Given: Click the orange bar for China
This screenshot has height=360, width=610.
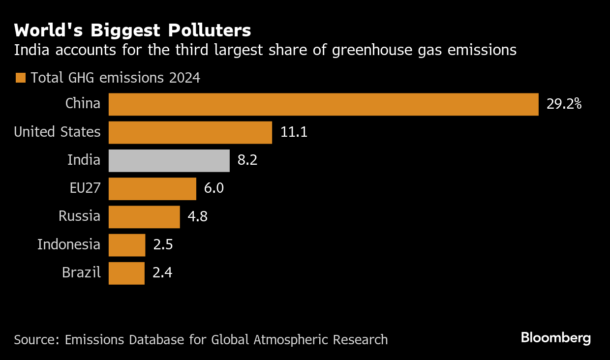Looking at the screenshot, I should click(323, 104).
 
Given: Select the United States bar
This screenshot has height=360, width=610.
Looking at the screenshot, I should click(190, 132).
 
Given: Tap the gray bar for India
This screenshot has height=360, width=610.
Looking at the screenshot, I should click(169, 161).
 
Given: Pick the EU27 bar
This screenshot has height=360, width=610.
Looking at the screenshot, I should click(152, 189).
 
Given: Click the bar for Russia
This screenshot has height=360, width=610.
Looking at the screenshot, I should click(144, 217).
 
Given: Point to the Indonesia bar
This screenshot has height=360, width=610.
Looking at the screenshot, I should click(127, 245).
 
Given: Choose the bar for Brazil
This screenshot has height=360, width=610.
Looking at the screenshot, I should click(126, 273).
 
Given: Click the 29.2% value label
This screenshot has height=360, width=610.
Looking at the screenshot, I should click(564, 104).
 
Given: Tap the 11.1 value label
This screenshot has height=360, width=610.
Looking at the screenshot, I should click(294, 132).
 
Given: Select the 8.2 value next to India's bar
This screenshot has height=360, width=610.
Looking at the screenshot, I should click(247, 161).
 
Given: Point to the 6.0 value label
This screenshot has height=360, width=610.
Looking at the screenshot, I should click(214, 189).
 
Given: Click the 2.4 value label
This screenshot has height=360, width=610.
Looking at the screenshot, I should click(162, 273).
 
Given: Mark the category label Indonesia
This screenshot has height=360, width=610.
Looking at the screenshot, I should click(69, 244).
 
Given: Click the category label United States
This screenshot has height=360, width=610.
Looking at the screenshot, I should click(57, 132).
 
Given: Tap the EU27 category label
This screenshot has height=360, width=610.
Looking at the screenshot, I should click(85, 188).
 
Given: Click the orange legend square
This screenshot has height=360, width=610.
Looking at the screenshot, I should click(21, 78).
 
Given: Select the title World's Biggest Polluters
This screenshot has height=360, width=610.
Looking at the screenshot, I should click(132, 30).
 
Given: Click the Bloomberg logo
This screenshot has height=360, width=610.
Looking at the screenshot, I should click(556, 338).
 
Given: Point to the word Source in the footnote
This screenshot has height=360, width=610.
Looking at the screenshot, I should click(32, 340).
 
